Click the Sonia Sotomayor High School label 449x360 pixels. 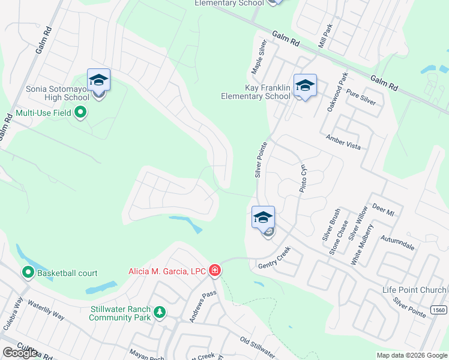tap(58, 94)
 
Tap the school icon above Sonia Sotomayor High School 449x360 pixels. tap(98, 80)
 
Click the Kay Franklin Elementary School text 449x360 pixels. tap(256, 92)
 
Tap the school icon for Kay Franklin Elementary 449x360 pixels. tap(305, 85)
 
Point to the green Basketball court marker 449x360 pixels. tap(28, 273)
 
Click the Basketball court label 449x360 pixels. tap(67, 274)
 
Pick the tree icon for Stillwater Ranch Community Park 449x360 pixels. tap(159, 313)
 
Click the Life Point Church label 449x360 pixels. tap(414, 290)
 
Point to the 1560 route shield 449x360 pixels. tap(438, 308)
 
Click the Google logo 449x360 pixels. tap(20, 353)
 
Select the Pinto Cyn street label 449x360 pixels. tap(304, 178)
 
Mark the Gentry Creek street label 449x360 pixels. tap(274, 257)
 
